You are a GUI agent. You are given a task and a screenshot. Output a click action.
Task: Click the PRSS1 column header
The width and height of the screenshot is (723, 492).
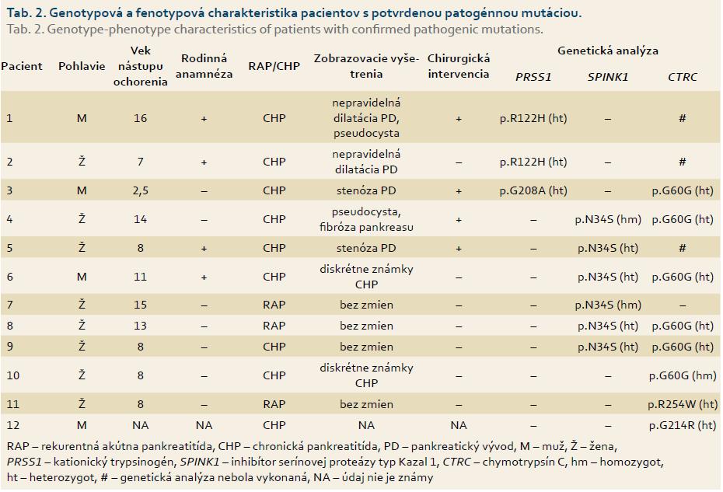point(533,77)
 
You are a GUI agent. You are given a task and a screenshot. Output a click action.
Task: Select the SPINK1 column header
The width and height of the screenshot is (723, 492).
point(608,77)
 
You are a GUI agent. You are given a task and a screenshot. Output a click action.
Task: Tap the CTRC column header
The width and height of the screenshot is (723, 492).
point(683,77)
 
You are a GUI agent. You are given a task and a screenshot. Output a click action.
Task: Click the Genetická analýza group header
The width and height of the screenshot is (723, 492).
point(608,51)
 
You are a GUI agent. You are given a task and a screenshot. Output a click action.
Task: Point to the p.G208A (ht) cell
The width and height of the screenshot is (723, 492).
point(533,190)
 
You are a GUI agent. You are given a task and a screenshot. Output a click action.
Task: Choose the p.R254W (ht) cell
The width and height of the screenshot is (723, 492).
point(683,404)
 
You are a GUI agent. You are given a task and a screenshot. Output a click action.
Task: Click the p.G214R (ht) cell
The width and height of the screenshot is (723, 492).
point(683,425)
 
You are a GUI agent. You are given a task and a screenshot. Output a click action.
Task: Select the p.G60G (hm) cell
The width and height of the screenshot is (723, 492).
point(683,376)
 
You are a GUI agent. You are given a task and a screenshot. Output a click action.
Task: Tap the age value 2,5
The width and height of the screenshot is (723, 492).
point(140,191)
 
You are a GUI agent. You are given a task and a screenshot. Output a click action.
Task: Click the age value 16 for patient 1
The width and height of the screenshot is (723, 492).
point(140,118)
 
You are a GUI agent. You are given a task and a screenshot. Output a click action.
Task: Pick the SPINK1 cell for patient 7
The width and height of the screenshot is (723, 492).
point(608,305)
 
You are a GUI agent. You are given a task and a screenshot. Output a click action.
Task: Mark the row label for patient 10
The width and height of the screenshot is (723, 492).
point(13,376)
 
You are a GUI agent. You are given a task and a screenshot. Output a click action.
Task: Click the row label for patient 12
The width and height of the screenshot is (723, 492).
point(13,425)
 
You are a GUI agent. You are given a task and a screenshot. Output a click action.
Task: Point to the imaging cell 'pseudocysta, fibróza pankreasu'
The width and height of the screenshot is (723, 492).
point(366,219)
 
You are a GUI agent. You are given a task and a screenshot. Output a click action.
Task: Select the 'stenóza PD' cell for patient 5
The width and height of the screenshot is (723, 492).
point(366,248)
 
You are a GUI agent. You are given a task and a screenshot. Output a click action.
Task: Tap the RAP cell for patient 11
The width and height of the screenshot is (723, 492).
point(274,404)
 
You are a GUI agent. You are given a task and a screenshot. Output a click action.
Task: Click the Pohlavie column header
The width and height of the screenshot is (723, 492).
point(82,66)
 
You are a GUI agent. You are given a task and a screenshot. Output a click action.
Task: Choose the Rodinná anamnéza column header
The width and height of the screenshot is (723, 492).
point(204,66)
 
